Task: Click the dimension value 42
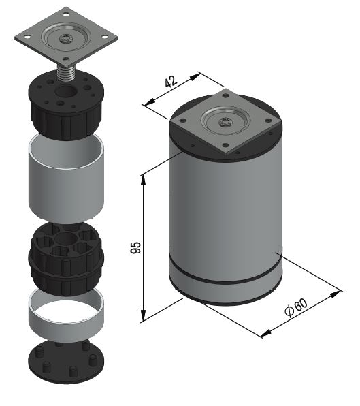click(x=171, y=81)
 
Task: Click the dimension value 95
click(x=135, y=247)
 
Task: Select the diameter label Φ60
click(x=296, y=307)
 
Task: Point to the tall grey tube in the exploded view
click(x=66, y=178)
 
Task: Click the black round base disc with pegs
click(x=66, y=362)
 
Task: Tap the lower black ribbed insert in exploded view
click(x=66, y=259)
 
